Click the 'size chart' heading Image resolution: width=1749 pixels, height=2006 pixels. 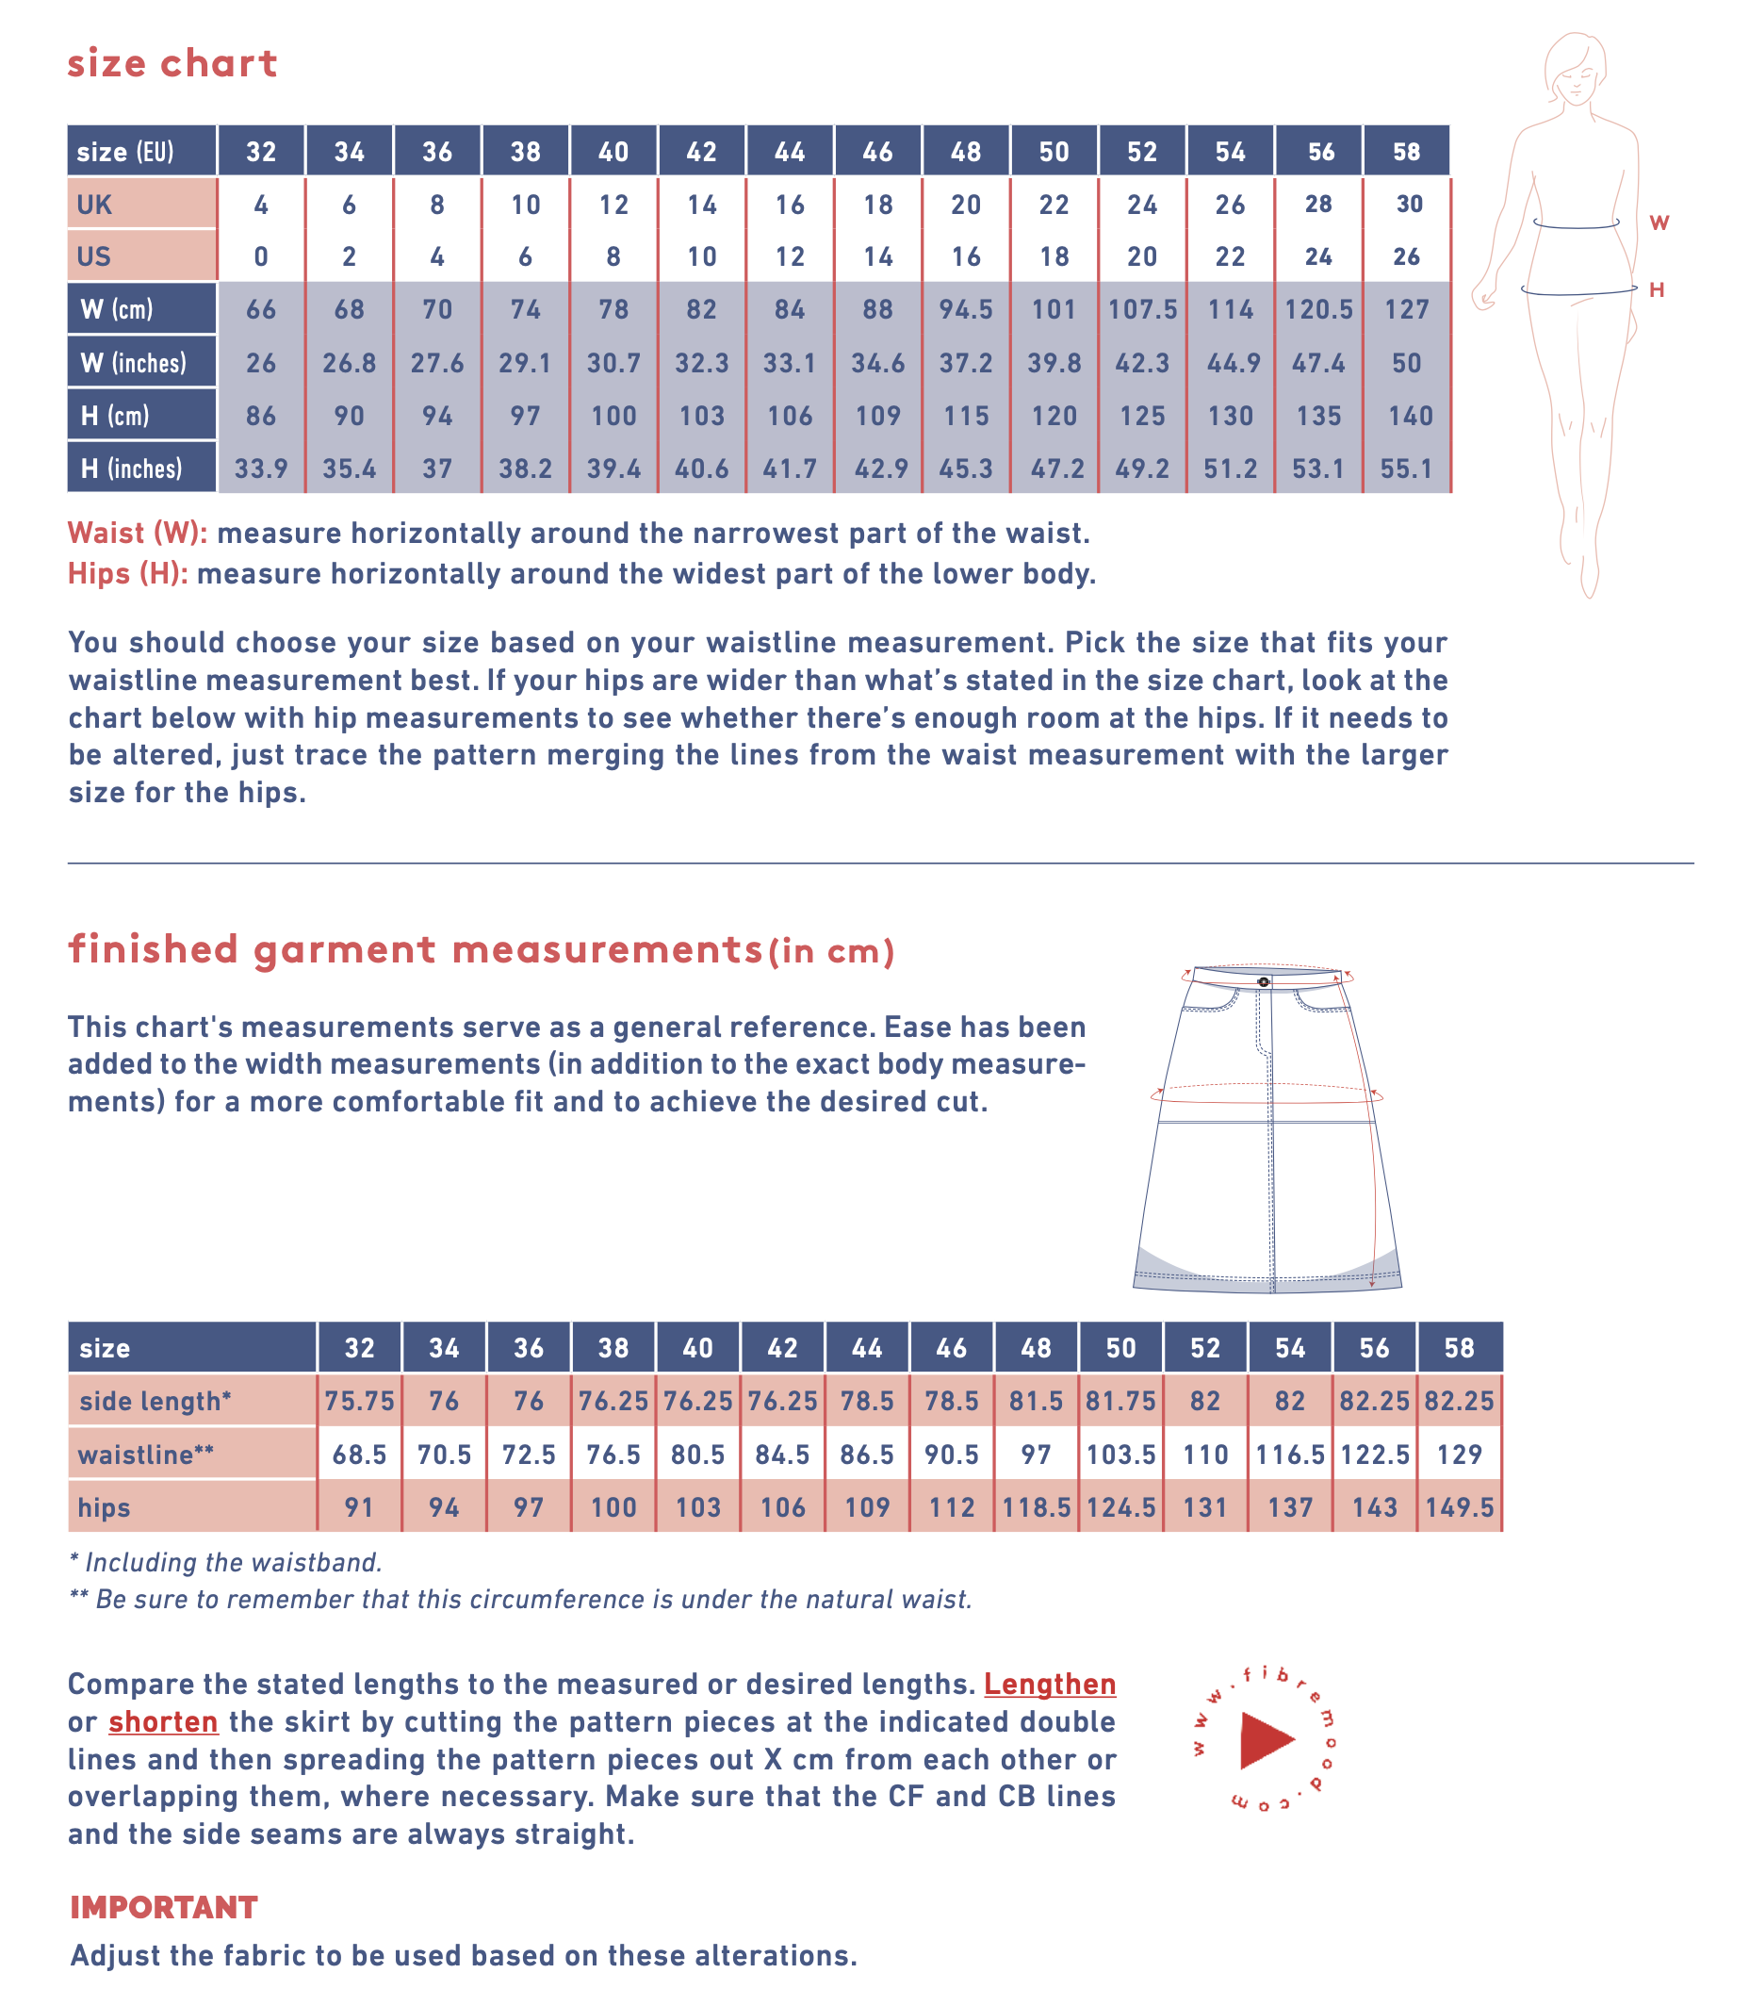(172, 63)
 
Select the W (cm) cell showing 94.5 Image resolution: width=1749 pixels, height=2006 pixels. (965, 309)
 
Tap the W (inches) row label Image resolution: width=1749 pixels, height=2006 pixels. (133, 363)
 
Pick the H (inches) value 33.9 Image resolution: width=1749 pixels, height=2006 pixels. (261, 469)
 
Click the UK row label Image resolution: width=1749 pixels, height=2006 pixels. (94, 205)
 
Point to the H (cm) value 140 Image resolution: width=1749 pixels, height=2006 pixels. (1411, 417)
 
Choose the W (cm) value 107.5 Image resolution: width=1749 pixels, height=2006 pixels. (1142, 309)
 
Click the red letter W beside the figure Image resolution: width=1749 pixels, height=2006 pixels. (1659, 222)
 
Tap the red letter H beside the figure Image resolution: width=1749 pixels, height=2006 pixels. (1657, 290)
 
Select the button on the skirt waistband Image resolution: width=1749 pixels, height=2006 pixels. (1263, 981)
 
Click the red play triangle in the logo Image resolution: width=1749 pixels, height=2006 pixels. (1265, 1739)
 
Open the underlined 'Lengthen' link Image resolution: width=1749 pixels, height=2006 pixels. (1049, 1684)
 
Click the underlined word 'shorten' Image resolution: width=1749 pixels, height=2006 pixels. (163, 1721)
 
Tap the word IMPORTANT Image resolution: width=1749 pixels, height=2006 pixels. (164, 1907)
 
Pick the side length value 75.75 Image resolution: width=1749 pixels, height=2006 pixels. (359, 1402)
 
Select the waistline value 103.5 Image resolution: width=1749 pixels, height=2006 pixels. (1120, 1455)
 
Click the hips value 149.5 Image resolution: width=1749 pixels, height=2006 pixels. (1459, 1508)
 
